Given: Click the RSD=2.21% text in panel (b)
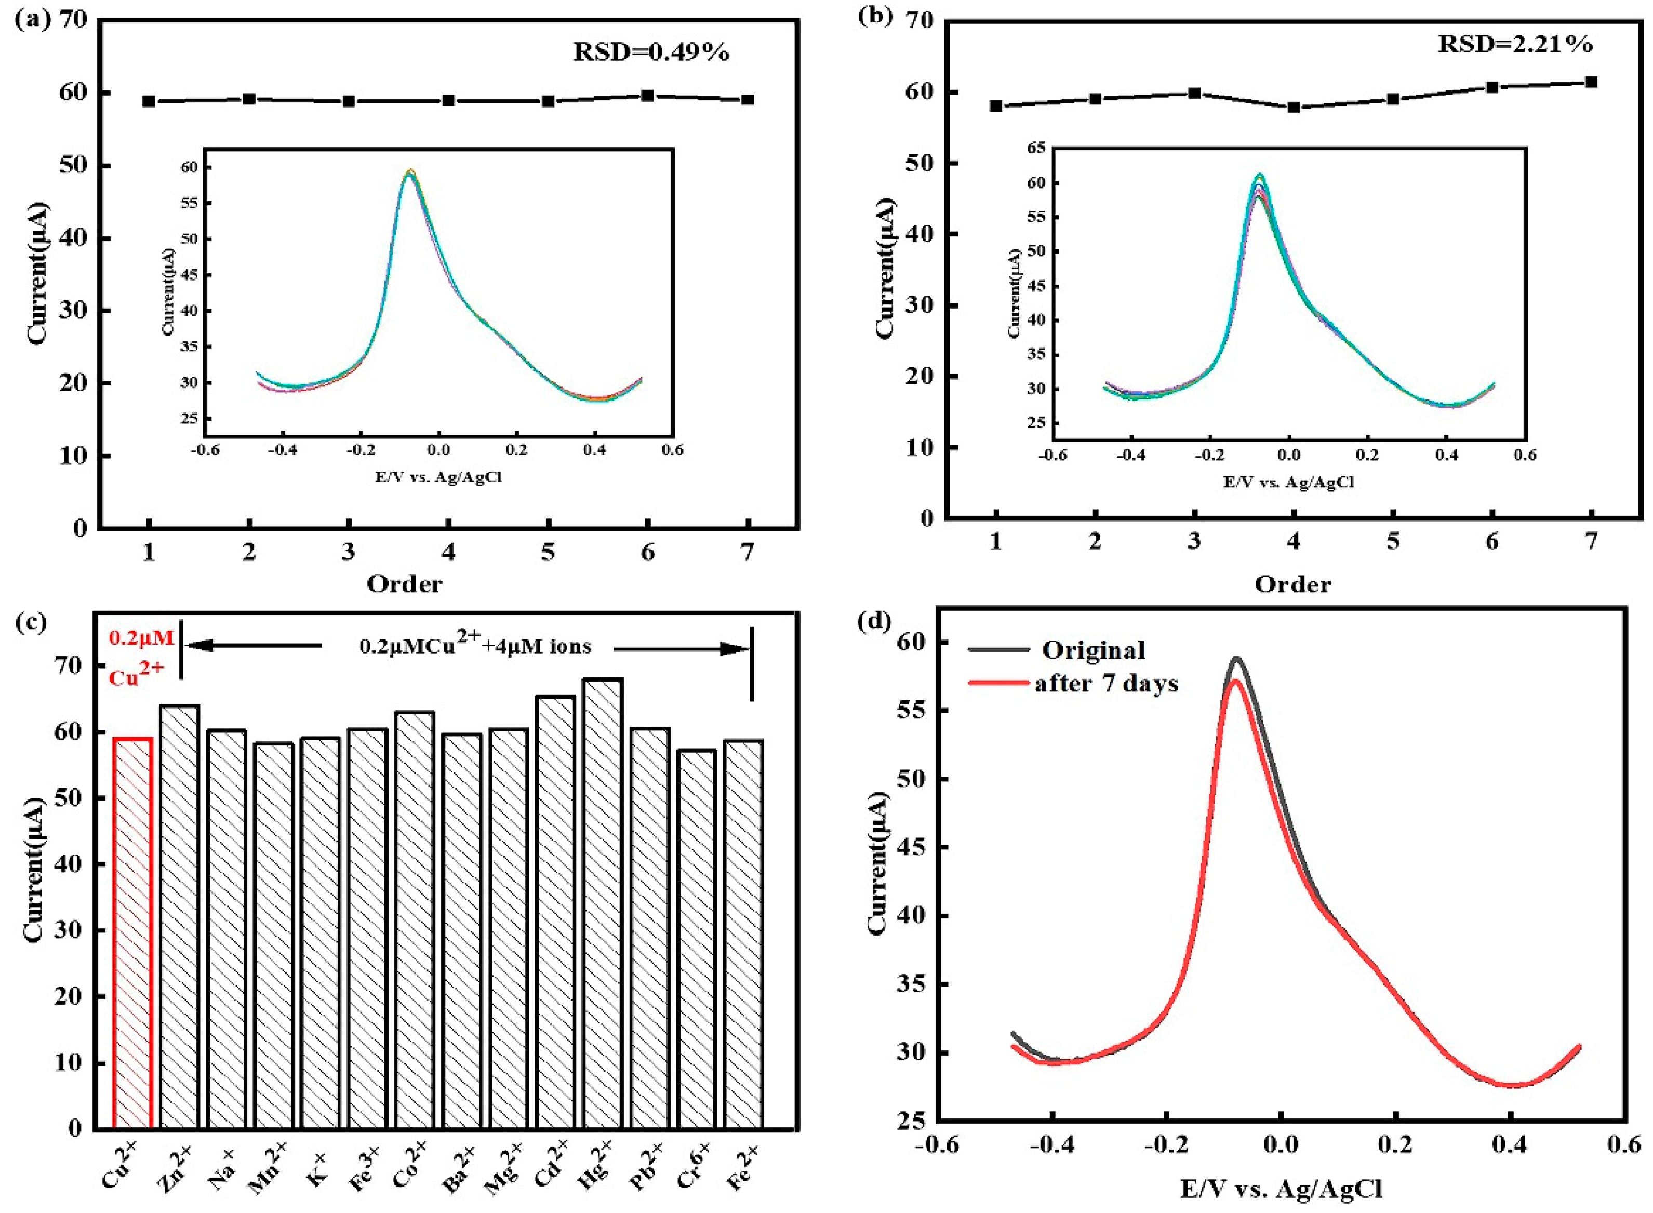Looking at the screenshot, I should (x=1515, y=44).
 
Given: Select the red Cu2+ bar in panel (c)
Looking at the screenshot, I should (x=132, y=932).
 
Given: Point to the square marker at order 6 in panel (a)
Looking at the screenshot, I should (x=647, y=96).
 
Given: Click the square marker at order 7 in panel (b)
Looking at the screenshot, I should (x=1591, y=82).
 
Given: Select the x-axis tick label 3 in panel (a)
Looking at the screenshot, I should (x=348, y=552).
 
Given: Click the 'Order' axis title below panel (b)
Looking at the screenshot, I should (x=1292, y=584).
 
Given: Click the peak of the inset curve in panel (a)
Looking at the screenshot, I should (x=410, y=172).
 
